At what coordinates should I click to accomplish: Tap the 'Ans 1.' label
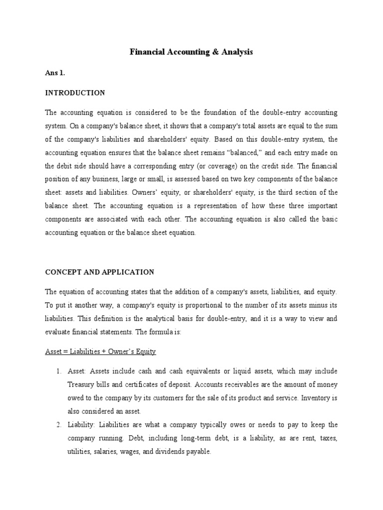tap(55, 73)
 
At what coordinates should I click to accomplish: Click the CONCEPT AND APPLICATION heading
tap(100, 272)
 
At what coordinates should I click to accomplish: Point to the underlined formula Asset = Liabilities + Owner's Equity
tap(100, 352)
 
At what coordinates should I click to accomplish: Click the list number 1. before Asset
tap(58, 372)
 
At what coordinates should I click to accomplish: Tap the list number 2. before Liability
tap(58, 425)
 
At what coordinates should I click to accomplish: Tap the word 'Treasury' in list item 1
tap(81, 384)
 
